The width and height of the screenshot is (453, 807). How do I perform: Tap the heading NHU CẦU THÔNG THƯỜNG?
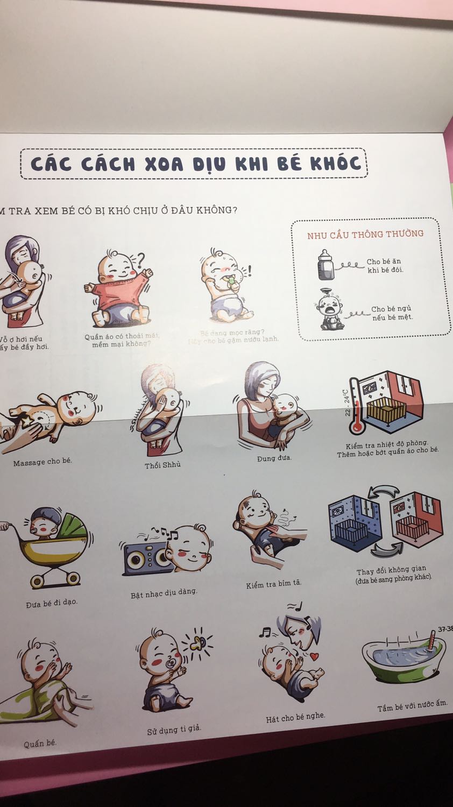[x=365, y=235]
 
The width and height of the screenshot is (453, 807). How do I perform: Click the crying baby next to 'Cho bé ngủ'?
[x=328, y=310]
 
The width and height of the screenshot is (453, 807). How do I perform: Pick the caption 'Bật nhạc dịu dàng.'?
[x=164, y=593]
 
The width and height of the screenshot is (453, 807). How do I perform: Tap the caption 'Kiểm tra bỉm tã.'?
[x=274, y=584]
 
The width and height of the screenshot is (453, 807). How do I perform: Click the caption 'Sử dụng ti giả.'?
[x=174, y=730]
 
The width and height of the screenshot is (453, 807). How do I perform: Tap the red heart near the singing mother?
[x=314, y=656]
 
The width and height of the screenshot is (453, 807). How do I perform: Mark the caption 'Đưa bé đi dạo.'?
[x=52, y=604]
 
